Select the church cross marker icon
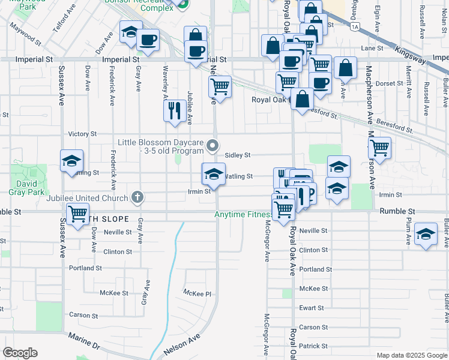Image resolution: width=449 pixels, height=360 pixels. point(137,197)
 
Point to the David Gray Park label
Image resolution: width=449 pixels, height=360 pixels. point(26,188)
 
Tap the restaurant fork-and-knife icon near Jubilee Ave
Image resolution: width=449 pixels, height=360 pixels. point(175,110)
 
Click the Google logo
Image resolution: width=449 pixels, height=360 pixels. point(20,353)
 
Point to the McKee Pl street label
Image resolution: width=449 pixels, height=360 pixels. point(197,292)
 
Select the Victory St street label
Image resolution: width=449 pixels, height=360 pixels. point(83,134)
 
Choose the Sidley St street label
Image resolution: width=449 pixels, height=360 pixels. point(237,155)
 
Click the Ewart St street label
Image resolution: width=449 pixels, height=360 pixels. point(312,308)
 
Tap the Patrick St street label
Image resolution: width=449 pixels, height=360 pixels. point(313,346)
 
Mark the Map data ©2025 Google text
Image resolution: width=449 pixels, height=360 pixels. point(411,355)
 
